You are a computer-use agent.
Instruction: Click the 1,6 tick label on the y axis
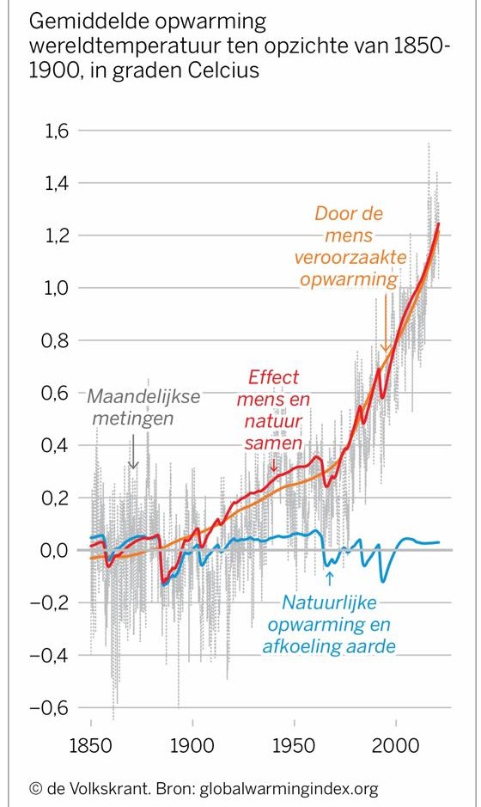(57, 131)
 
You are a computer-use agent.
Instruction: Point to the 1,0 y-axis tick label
(56, 288)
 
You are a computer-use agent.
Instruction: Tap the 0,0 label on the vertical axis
(56, 550)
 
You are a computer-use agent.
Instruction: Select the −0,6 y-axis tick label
(50, 707)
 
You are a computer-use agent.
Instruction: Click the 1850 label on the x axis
(90, 746)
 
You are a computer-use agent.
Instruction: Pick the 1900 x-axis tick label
(192, 746)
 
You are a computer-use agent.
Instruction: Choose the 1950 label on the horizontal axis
(294, 746)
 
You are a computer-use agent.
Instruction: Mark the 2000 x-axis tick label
(396, 746)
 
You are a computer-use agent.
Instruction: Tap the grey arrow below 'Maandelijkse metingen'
(133, 451)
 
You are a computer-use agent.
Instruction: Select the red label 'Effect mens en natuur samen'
(274, 410)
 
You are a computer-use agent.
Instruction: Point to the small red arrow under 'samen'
(274, 465)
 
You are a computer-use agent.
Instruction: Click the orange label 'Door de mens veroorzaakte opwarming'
(350, 246)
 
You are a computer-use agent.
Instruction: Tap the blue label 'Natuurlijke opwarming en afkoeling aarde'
(329, 624)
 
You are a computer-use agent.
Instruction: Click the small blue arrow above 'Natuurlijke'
(329, 579)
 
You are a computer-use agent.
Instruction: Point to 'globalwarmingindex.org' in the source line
(289, 789)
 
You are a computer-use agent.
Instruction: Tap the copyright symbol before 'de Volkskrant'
(35, 788)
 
